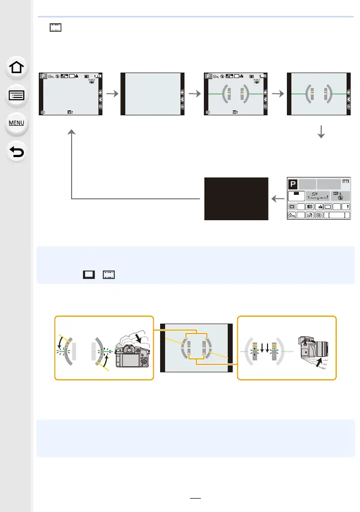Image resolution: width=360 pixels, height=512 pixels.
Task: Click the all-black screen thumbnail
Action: pos(236,198)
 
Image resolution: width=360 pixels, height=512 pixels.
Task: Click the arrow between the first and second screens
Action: pos(112,94)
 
